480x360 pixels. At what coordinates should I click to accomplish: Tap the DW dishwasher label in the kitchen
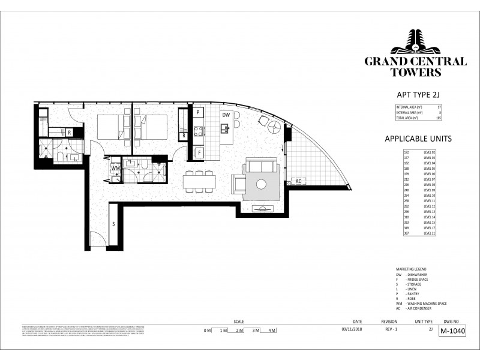click(x=226, y=115)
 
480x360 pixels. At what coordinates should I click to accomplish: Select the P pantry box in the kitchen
click(x=198, y=113)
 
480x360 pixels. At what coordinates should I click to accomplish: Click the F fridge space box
click(x=199, y=152)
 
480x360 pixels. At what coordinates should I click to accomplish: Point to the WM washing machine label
click(x=115, y=169)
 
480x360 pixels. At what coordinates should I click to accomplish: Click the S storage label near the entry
click(x=113, y=224)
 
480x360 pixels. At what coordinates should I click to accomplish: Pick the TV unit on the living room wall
click(x=262, y=209)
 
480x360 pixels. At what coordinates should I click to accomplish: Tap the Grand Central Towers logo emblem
click(x=415, y=43)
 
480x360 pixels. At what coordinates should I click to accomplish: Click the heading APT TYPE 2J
click(x=415, y=95)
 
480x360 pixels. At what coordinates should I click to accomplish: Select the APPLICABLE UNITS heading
click(x=418, y=139)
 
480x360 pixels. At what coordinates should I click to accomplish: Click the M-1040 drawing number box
click(x=453, y=330)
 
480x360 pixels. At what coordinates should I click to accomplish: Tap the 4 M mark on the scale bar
click(x=271, y=331)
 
